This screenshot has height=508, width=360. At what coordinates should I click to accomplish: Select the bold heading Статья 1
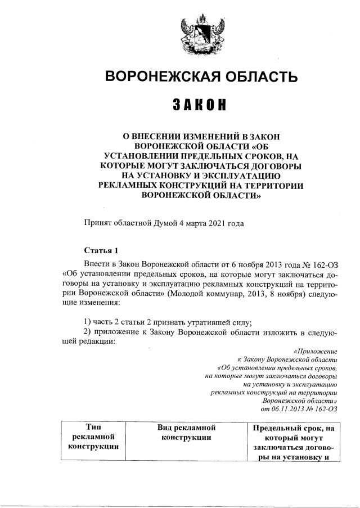[101, 250]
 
